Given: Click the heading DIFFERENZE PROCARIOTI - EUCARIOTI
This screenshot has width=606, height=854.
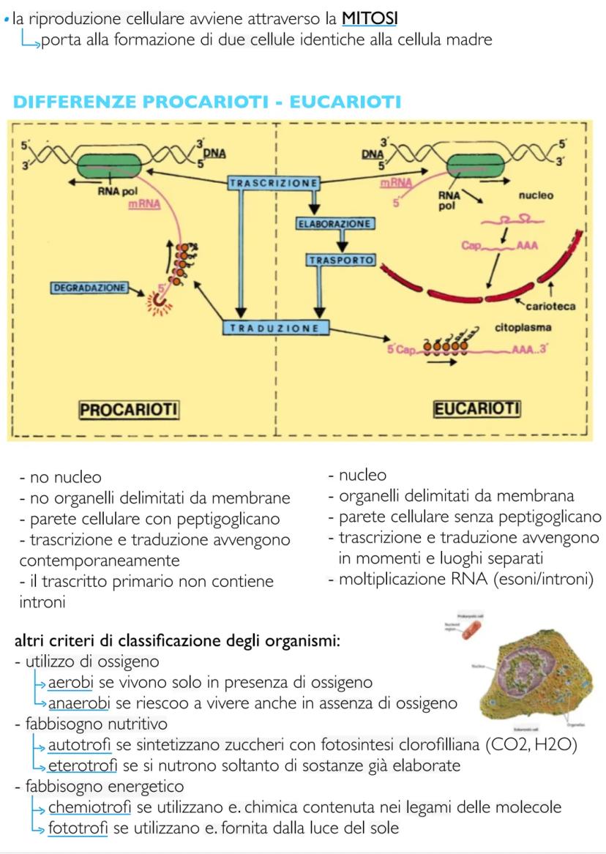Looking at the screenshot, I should click(x=206, y=102).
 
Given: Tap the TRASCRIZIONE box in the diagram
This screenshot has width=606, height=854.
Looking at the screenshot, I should click(x=273, y=182).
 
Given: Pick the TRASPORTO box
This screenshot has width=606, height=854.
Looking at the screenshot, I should click(x=340, y=260).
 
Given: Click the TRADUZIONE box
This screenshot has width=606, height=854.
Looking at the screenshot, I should click(x=274, y=329).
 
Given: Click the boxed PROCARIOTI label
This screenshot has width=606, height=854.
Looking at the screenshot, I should click(x=129, y=409).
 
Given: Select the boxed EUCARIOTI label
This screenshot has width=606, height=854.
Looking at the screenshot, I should click(x=476, y=408).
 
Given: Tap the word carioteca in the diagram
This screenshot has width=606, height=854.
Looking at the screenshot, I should click(x=550, y=307).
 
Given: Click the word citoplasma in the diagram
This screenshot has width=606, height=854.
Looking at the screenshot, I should click(x=523, y=328).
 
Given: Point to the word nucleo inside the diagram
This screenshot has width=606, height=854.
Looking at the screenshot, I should click(x=536, y=195).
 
